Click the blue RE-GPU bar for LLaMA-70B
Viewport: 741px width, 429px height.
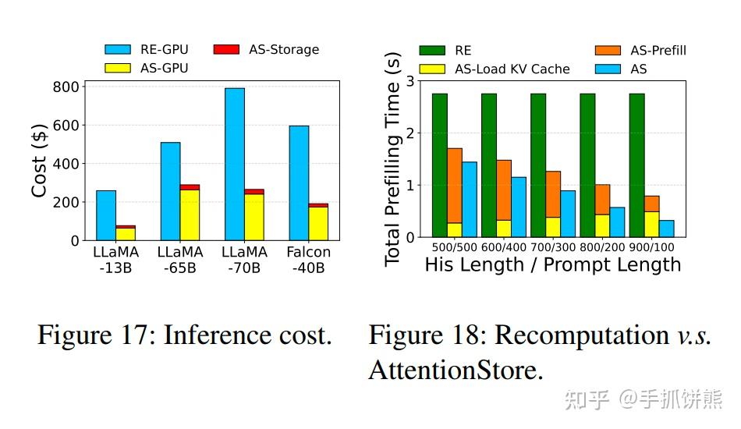click(234, 164)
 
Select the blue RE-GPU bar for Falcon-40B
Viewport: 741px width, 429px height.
click(299, 183)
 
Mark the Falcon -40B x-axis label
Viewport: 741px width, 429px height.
click(308, 260)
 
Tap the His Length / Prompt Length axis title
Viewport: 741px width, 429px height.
click(552, 265)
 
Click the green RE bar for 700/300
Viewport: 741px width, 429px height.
click(538, 165)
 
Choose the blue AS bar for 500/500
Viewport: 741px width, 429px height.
click(470, 199)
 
